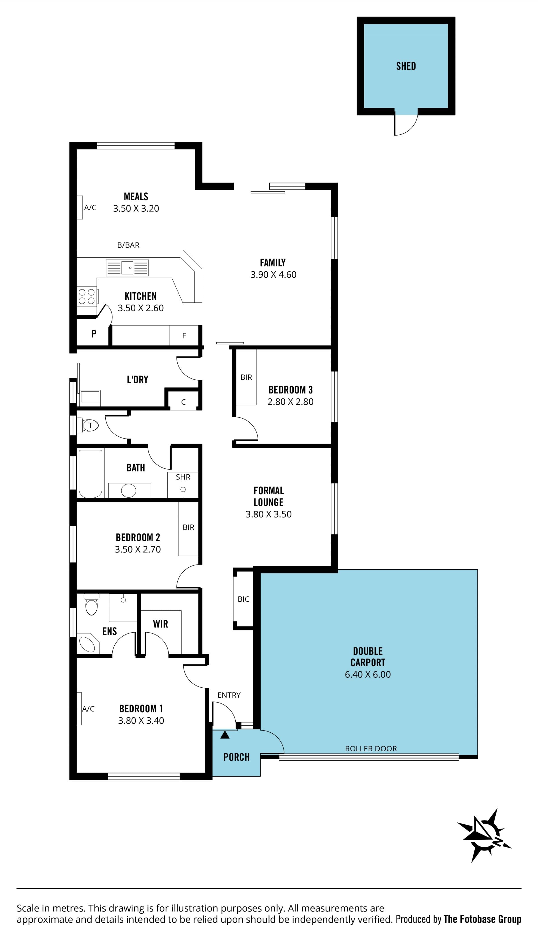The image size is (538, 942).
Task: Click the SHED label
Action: pyautogui.click(x=406, y=66)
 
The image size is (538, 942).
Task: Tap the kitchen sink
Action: pyautogui.click(x=127, y=268)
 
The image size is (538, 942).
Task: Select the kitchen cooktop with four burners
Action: pyautogui.click(x=87, y=296)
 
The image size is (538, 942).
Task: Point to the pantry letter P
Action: pyautogui.click(x=94, y=334)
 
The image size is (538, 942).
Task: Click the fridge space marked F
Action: pyautogui.click(x=184, y=336)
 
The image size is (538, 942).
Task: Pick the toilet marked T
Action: pyautogui.click(x=88, y=425)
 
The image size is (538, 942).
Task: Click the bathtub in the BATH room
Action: pyautogui.click(x=91, y=474)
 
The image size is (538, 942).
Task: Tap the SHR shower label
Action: pyautogui.click(x=183, y=477)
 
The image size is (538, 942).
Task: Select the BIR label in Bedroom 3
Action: pyautogui.click(x=246, y=377)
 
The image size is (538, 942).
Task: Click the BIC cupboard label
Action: pyautogui.click(x=243, y=599)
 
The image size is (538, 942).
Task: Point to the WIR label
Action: pyautogui.click(x=160, y=624)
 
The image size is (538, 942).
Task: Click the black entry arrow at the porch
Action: pyautogui.click(x=225, y=735)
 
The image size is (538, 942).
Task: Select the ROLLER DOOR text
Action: pyautogui.click(x=371, y=749)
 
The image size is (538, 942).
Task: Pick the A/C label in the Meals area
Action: pyautogui.click(x=90, y=207)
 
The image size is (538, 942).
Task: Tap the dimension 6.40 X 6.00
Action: pyautogui.click(x=368, y=674)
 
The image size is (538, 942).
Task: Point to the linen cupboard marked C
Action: pyautogui.click(x=184, y=402)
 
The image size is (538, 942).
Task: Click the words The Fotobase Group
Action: pyautogui.click(x=482, y=919)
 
